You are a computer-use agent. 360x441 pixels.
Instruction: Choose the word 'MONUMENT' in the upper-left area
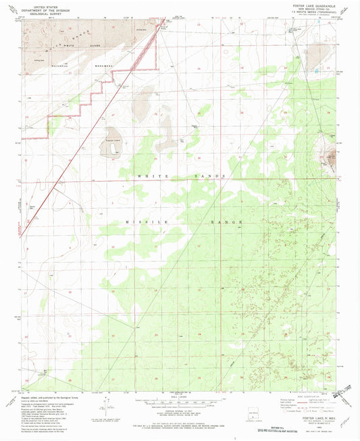pyautogui.click(x=99, y=66)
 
